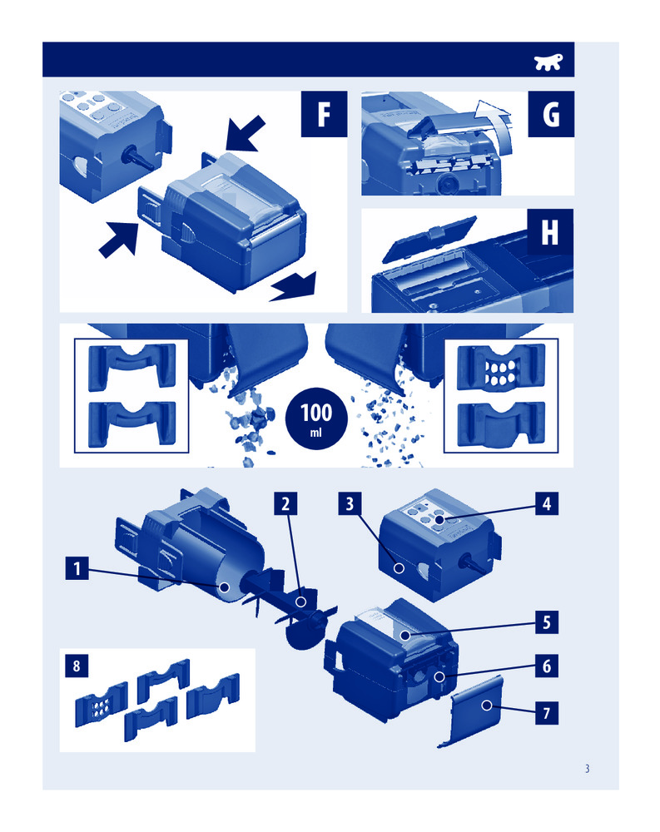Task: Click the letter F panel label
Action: coord(324,114)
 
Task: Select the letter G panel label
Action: coord(551,114)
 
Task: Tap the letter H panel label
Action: coord(550,232)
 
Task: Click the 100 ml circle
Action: coord(316,418)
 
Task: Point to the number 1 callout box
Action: coord(77,567)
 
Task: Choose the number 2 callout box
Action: coord(285,503)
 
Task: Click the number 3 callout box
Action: coord(350,503)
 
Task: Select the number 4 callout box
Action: coord(547,503)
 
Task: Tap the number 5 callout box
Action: coord(547,622)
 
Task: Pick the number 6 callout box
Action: coord(547,666)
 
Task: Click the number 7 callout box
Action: coord(547,713)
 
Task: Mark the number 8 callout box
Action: coord(77,666)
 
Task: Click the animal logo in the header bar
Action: coord(548,62)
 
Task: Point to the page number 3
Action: coord(588,769)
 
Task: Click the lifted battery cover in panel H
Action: coord(429,239)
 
